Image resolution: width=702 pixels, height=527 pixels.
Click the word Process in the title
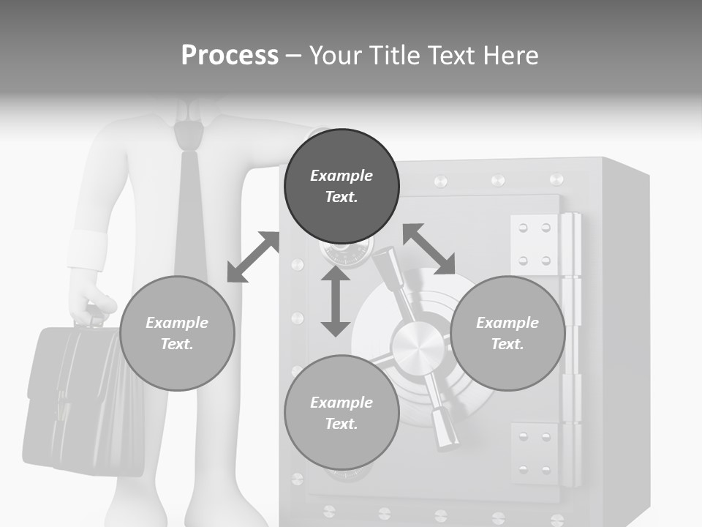coord(230,56)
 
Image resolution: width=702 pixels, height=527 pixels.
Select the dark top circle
coord(341,186)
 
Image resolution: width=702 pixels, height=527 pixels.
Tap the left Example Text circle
coord(177,333)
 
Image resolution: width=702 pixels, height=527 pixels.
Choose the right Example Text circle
coord(507,333)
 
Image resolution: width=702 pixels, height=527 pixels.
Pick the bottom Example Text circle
coord(341,413)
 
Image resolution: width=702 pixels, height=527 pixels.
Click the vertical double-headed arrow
coord(336,301)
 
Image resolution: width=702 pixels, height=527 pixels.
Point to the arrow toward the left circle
coord(253,257)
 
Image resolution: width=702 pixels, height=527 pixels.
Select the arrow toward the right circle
coord(429,249)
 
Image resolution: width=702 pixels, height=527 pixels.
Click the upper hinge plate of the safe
coord(535,244)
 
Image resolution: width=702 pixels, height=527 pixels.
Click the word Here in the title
coord(511,56)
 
